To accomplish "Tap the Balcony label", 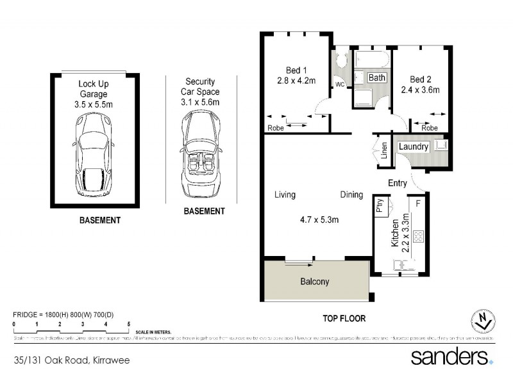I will click(314, 282).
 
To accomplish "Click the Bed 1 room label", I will click(296, 70).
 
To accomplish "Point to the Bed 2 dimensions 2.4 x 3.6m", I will click(420, 90).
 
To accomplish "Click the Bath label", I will click(377, 77).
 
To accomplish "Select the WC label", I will click(339, 84).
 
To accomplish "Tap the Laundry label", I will click(414, 147).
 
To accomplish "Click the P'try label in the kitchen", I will click(380, 207).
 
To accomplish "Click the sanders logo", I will click(451, 356).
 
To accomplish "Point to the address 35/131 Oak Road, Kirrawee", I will click(71, 360).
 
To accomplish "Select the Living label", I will click(285, 195).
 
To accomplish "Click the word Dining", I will click(351, 195).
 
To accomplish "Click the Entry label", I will click(398, 183).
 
